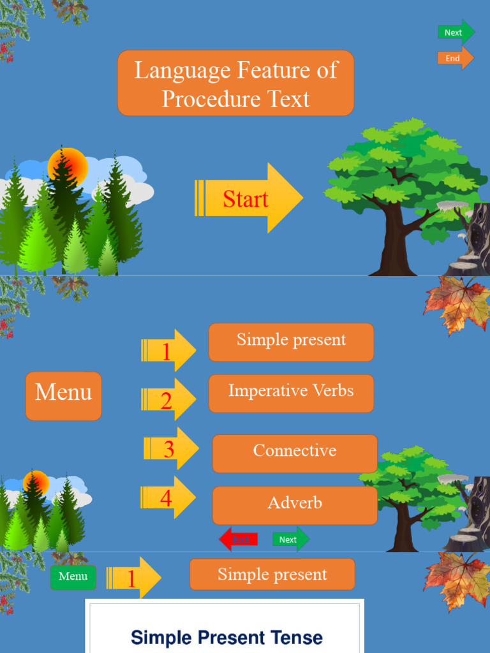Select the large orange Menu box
tap(64, 395)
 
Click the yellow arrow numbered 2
tap(168, 400)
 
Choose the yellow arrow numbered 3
tap(170, 449)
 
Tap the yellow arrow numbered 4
tap(168, 498)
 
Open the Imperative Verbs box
tap(291, 393)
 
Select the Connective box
tap(295, 453)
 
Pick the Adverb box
tap(295, 504)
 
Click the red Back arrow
tap(239, 539)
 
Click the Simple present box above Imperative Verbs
tap(291, 342)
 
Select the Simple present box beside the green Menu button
tap(272, 575)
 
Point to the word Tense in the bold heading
tap(294, 637)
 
